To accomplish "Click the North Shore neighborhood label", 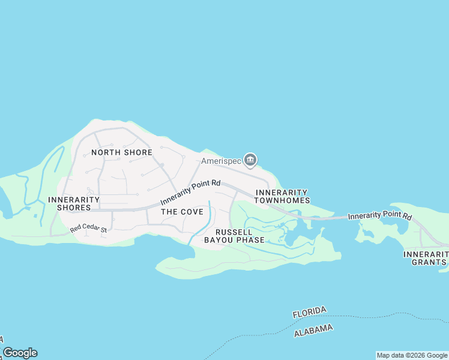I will click(x=122, y=152).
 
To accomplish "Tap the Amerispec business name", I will click(x=220, y=161).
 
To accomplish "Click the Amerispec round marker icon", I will click(x=251, y=160).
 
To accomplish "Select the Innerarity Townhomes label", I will click(x=282, y=196).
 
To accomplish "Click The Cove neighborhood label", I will click(x=182, y=212).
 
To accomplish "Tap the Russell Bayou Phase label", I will click(x=234, y=236).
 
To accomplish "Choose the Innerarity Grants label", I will click(x=426, y=258).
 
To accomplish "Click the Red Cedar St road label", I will click(x=88, y=229).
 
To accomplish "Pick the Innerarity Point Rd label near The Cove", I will click(x=191, y=193).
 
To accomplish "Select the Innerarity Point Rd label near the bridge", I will click(x=379, y=215).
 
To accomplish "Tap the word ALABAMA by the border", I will click(x=313, y=331).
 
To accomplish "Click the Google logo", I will click(x=20, y=353).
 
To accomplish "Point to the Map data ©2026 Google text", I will click(x=412, y=355).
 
